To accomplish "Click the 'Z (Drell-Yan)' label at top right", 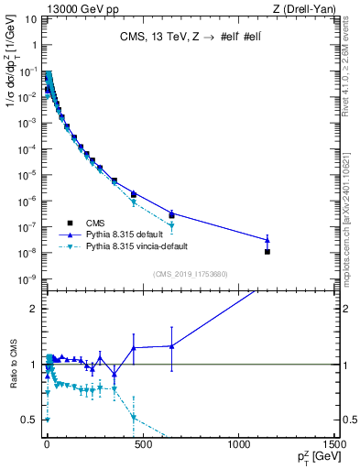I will point(304,8).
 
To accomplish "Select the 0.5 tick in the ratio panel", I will point(27,420).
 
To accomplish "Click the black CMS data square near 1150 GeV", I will point(267,251).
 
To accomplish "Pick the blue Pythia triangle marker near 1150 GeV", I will point(267,240).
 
